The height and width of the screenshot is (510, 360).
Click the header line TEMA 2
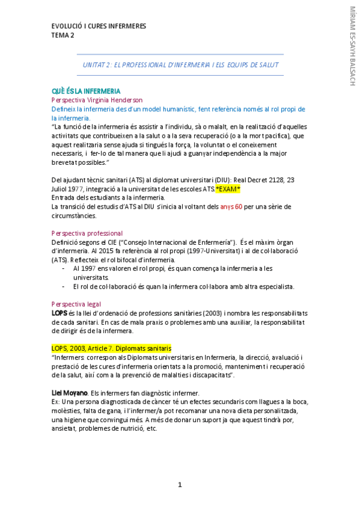pyautogui.click(x=63, y=35)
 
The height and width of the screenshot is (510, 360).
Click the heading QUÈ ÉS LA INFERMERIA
pyautogui.click(x=86, y=91)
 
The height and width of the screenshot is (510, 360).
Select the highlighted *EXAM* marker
pyautogui.click(x=228, y=189)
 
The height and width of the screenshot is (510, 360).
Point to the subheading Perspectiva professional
pyautogui.click(x=87, y=233)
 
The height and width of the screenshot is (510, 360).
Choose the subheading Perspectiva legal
pyautogui.click(x=77, y=304)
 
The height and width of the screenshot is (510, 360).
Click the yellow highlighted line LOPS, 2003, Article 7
pyautogui.click(x=112, y=348)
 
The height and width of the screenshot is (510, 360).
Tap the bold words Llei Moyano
pyautogui.click(x=70, y=393)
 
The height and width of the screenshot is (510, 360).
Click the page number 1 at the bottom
pyautogui.click(x=180, y=485)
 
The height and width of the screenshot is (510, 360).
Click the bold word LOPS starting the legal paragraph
pyautogui.click(x=59, y=313)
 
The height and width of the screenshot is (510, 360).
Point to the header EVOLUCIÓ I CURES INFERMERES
pyautogui.click(x=99, y=26)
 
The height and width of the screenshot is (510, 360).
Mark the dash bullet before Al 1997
pyautogui.click(x=64, y=269)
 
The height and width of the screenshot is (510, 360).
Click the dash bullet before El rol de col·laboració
pyautogui.click(x=64, y=286)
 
